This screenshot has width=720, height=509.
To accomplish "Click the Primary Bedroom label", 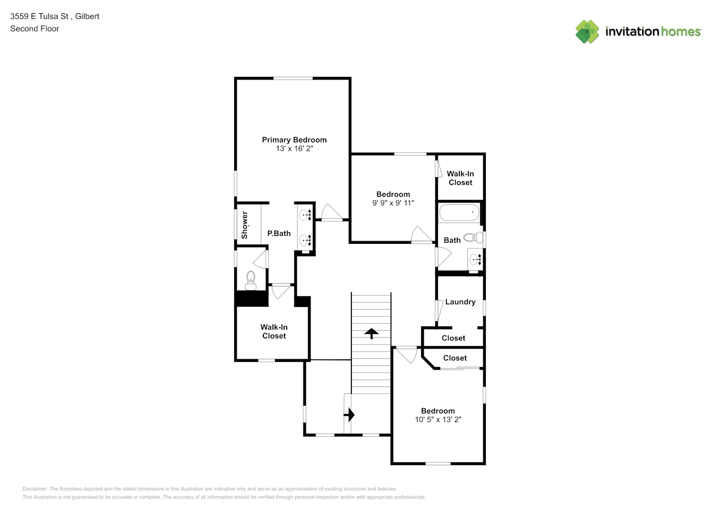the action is (294, 140).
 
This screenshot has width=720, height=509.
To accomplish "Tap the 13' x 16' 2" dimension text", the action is (294, 149).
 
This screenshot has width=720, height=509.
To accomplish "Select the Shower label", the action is (244, 225).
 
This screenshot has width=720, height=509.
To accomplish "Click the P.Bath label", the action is (279, 233).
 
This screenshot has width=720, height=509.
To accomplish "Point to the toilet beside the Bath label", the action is (474, 238).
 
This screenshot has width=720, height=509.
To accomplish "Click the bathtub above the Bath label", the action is (459, 212).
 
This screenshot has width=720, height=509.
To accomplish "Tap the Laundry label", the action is (460, 302).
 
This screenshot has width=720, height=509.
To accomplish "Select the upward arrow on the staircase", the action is (371, 333).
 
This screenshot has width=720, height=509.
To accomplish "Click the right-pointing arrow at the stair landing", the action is (349, 415).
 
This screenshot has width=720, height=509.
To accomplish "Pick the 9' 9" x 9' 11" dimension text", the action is (393, 203).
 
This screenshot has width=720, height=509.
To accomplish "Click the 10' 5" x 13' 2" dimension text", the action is (438, 419).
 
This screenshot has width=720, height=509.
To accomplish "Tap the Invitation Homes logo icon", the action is (587, 32).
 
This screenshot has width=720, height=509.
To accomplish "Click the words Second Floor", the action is (35, 29).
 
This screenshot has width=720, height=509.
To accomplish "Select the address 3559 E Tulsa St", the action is (39, 16).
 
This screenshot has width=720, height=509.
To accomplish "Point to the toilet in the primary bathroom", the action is (251, 280).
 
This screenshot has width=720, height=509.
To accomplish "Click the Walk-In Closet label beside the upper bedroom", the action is (460, 178).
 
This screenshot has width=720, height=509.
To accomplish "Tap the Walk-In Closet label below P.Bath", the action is (274, 331).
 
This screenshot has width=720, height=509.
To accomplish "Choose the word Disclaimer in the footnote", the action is (35, 489).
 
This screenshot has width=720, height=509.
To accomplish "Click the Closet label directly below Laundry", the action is (453, 338).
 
